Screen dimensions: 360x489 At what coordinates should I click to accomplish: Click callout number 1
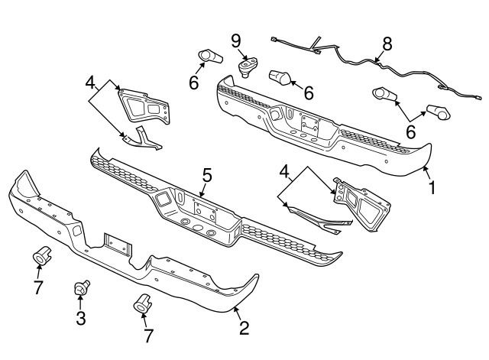(x=432, y=186)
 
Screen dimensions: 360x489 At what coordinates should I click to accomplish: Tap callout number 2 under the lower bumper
(x=244, y=329)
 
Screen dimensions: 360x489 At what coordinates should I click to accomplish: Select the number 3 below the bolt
(x=80, y=316)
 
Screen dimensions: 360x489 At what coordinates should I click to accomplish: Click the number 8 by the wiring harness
(x=387, y=44)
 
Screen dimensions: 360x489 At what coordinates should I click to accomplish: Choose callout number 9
(x=236, y=39)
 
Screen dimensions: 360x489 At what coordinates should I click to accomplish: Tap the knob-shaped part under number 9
(x=247, y=67)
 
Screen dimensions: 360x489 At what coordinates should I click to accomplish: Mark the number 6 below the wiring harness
(x=410, y=131)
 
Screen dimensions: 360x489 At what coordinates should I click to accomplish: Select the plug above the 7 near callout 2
(x=142, y=303)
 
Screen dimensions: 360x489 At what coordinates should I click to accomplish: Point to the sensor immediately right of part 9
(x=280, y=77)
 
